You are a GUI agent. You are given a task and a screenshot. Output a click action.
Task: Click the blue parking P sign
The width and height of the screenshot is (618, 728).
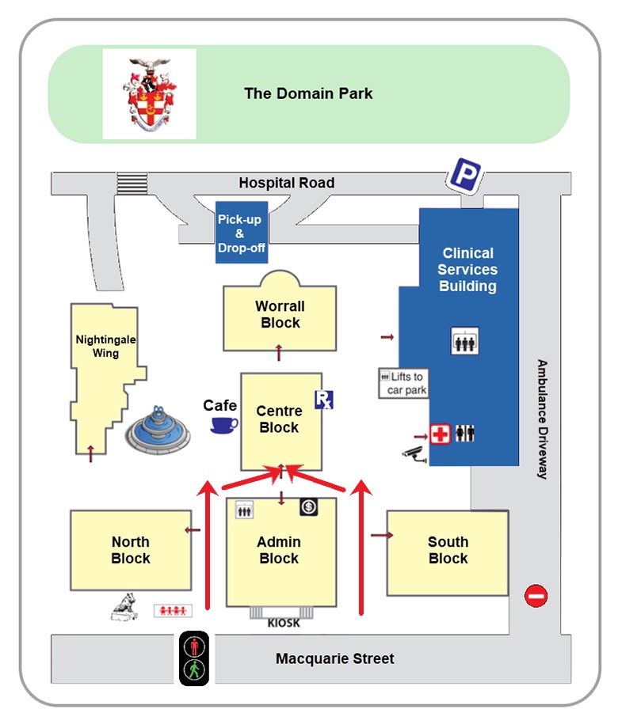[464, 175]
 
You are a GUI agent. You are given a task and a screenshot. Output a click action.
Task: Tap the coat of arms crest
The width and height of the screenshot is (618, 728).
[150, 94]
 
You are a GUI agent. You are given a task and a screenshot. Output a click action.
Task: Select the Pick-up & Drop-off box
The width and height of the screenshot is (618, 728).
[242, 233]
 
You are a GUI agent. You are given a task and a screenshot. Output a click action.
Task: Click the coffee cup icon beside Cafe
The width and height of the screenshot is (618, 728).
[224, 425]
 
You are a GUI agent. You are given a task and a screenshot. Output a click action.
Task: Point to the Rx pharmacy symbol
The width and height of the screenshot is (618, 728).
[323, 400]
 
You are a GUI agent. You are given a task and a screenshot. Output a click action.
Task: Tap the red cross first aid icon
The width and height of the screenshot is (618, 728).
[440, 434]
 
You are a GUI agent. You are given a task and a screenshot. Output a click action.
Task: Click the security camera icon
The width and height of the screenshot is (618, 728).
[415, 454]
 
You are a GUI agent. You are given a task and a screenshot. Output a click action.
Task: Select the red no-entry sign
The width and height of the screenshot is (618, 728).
[536, 596]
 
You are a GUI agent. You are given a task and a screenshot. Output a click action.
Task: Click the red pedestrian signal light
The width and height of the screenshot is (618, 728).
[194, 646]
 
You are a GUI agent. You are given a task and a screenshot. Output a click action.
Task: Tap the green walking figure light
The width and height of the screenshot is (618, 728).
[194, 669]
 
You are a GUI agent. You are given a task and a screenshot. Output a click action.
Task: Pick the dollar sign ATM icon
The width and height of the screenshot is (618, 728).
[309, 506]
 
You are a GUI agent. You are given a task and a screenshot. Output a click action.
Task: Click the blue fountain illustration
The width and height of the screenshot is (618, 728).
[158, 430]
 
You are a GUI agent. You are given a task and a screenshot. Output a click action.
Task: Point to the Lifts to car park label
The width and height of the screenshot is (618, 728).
[403, 384]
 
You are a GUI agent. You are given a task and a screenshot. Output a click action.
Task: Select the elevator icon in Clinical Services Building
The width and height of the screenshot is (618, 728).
[464, 341]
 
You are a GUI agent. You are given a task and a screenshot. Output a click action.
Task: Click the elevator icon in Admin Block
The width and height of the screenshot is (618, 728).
[244, 510]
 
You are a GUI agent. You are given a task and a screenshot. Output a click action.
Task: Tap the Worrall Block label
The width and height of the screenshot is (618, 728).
[280, 314]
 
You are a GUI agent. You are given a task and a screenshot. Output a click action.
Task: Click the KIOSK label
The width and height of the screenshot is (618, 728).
[284, 623]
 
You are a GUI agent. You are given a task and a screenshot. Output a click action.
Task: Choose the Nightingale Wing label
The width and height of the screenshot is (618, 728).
[105, 347]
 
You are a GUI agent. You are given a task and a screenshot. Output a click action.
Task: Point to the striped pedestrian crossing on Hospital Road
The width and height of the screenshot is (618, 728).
[132, 183]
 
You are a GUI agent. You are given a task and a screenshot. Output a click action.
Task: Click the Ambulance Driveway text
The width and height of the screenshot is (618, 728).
[542, 419]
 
